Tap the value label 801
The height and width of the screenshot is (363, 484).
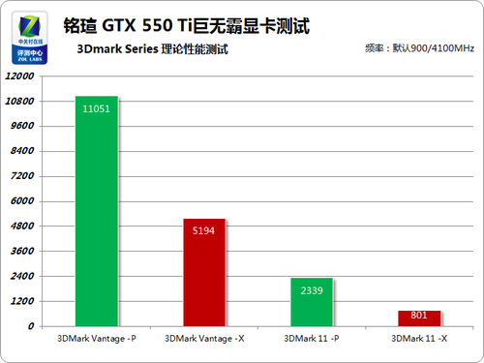417,315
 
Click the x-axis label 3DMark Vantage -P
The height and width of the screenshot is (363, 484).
96,339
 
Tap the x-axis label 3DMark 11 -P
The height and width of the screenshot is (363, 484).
311,339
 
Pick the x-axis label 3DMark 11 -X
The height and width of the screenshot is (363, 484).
418,339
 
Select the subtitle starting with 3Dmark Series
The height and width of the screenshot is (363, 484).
145,47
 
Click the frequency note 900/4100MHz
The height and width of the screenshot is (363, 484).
420,47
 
